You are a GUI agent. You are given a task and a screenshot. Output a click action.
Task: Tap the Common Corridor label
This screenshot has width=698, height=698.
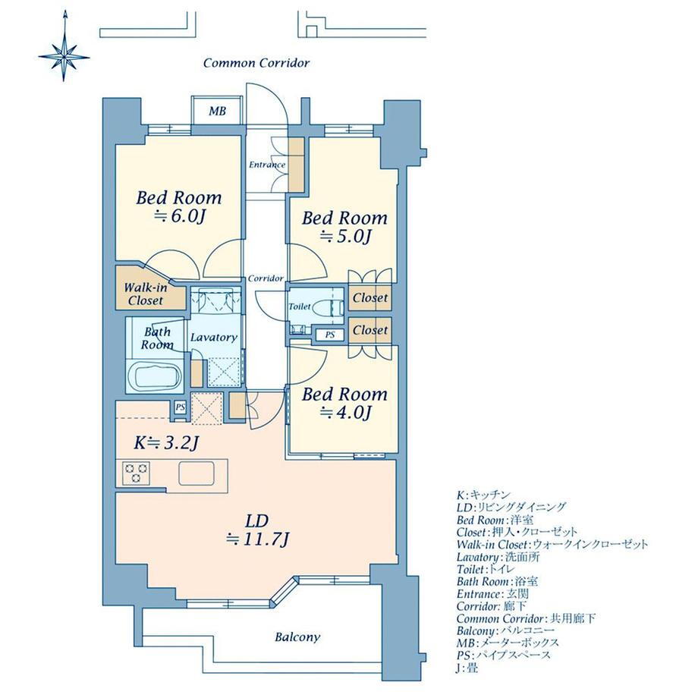coord(256,63)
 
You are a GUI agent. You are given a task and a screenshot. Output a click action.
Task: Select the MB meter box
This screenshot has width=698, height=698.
coord(218,111)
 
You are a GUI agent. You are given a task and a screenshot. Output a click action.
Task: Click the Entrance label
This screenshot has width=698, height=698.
coord(267,165)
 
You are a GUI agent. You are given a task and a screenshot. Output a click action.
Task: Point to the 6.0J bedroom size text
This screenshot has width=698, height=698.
coord(179,216)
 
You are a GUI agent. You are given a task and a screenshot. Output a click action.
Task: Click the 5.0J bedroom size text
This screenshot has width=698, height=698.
coord(345,237)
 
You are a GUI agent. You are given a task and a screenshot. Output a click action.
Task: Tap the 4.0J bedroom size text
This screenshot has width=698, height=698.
coord(345,413)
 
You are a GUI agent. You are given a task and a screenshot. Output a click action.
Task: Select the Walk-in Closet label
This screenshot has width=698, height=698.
coord(146,294)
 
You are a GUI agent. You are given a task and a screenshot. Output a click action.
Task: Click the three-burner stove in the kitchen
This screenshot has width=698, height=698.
coord(137,473)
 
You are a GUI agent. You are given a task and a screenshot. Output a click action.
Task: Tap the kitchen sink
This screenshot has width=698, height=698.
coord(197,473)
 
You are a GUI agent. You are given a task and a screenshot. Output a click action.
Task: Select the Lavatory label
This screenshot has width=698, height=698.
coord(214,338)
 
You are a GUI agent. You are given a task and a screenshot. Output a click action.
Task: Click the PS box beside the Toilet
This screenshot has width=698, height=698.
coord(330,335)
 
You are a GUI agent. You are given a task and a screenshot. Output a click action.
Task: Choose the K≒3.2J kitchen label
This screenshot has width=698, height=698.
coord(165,443)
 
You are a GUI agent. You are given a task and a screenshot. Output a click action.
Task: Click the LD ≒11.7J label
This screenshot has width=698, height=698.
coord(258,530)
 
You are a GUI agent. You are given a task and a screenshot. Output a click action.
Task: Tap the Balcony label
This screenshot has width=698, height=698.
coord(297,637)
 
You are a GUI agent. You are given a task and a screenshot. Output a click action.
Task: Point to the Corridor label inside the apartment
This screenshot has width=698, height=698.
coord(266,278)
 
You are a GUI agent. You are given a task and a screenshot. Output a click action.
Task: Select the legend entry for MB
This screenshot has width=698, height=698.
coord(508,643)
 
